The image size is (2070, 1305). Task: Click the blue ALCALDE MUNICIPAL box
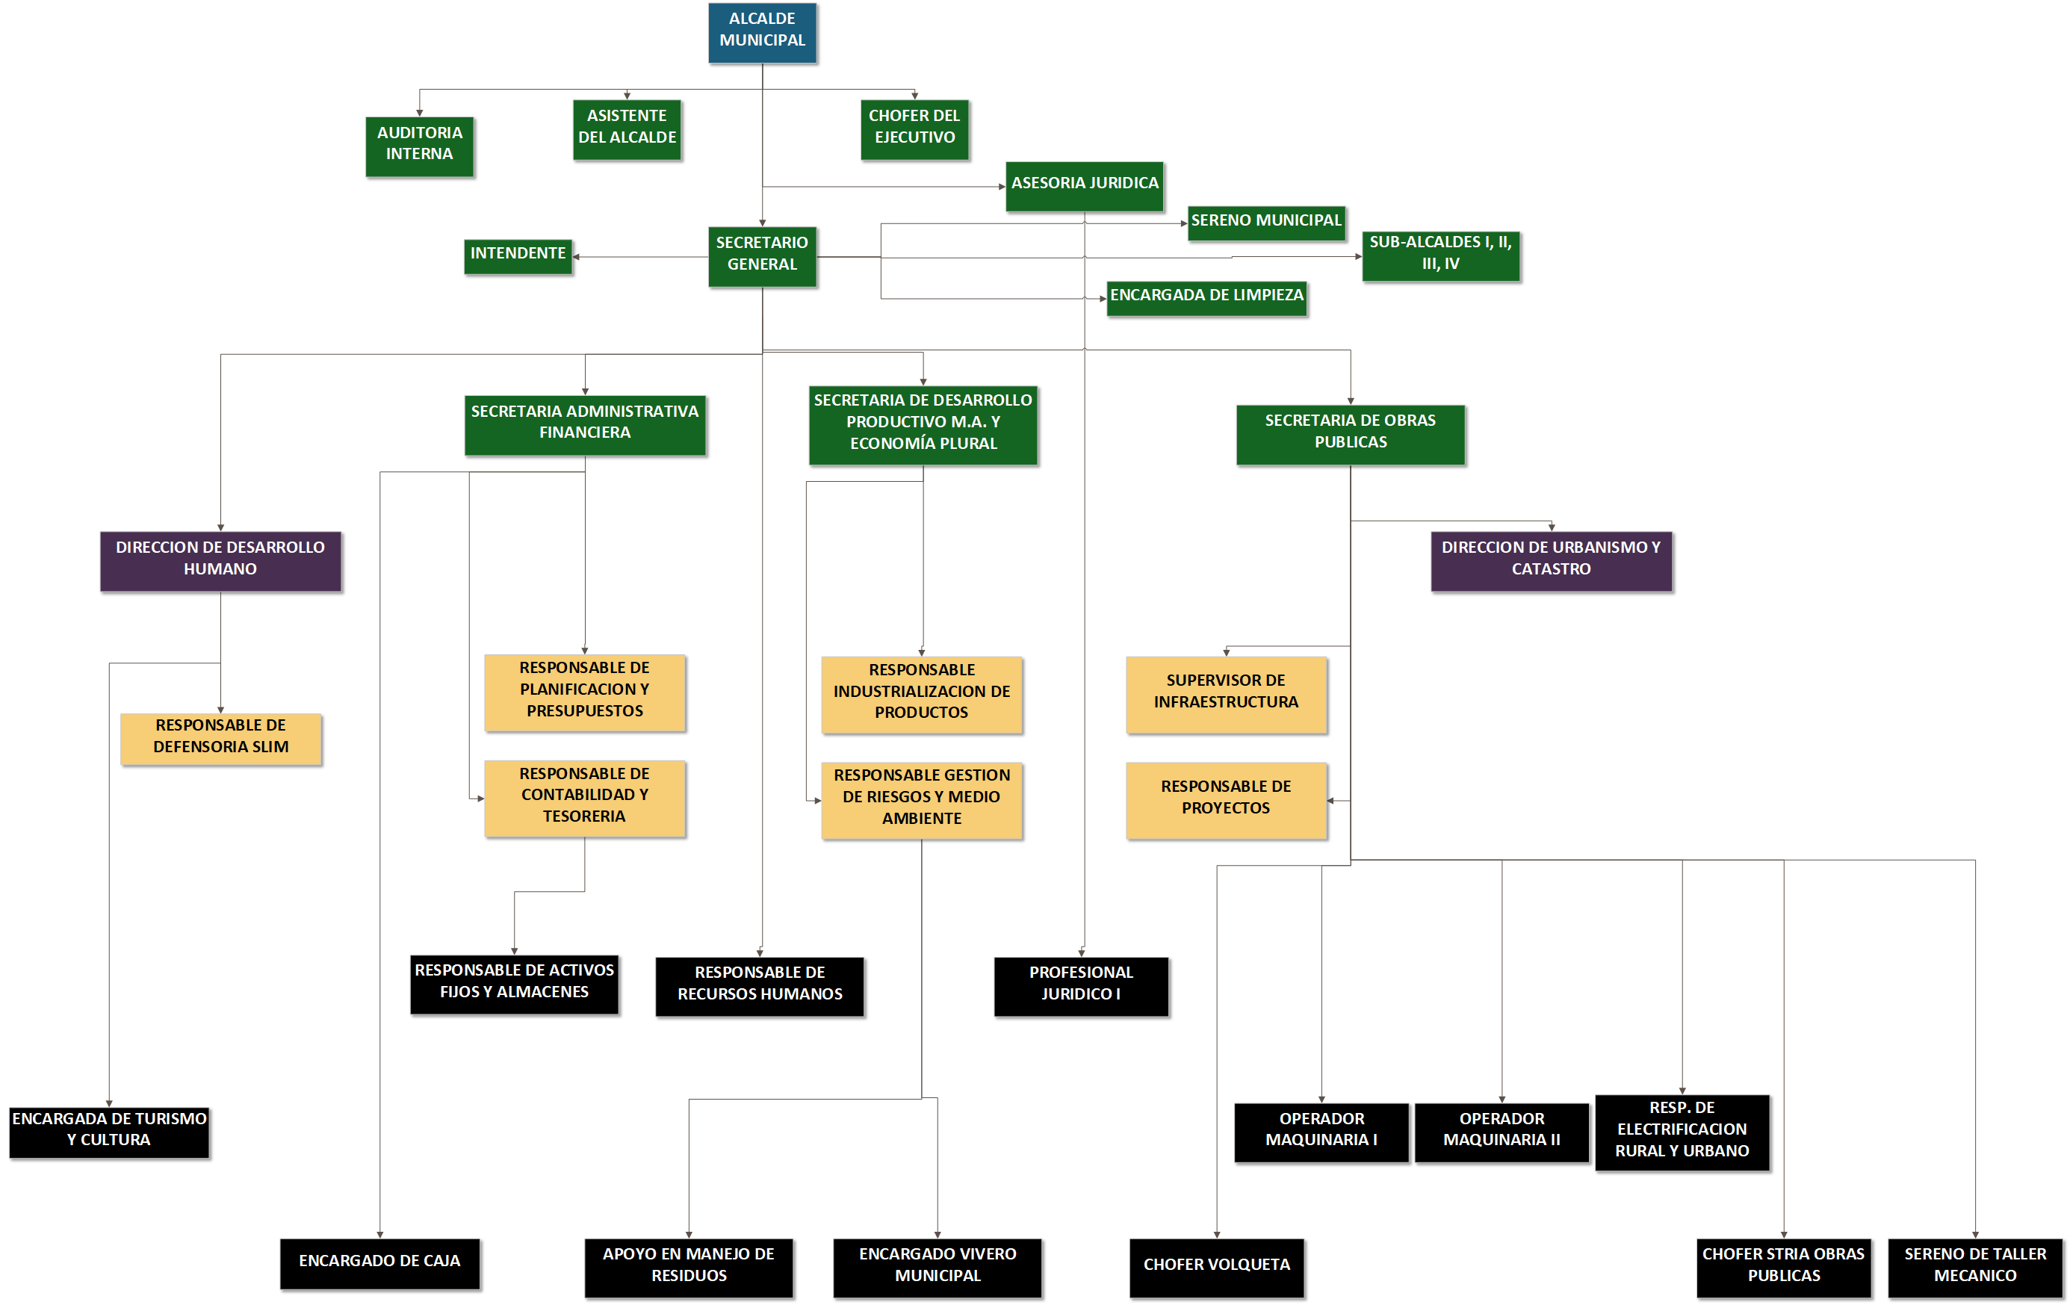point(762,33)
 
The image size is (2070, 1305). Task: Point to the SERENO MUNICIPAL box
point(1265,223)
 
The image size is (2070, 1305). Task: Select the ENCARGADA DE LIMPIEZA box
point(1206,297)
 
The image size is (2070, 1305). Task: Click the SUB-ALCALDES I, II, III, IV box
point(1440,255)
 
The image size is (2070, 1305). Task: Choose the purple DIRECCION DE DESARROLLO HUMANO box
point(220,560)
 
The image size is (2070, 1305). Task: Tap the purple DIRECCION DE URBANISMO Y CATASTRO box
point(1551,560)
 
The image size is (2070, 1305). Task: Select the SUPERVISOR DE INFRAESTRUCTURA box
point(1226,694)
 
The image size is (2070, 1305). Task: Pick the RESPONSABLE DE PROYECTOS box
point(1226,799)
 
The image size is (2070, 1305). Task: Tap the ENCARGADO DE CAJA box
point(379,1263)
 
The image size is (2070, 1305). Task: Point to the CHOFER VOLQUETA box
point(1216,1266)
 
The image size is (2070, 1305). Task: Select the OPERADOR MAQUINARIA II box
point(1501,1132)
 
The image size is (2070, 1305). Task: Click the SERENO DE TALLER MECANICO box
point(1974,1266)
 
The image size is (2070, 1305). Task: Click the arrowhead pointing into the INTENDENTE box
point(576,257)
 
